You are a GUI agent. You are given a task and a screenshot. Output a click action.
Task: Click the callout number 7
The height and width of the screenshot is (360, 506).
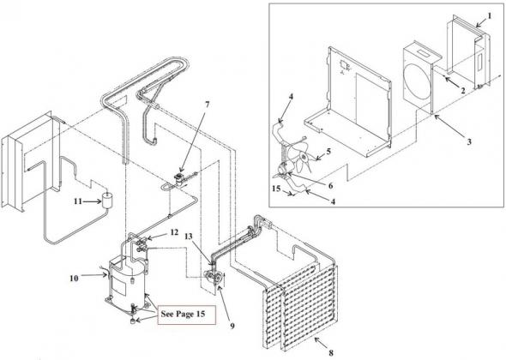point(207,105)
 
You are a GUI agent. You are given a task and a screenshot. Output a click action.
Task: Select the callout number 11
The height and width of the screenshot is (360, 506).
point(78,201)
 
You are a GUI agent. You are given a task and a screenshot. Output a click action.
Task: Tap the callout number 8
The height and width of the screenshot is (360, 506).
point(330,352)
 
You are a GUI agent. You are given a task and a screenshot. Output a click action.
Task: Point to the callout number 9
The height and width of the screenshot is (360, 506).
point(232,326)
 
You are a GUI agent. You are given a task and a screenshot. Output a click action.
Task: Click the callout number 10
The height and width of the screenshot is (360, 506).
point(74,278)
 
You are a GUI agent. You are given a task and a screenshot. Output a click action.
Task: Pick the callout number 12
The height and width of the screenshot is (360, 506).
point(174,232)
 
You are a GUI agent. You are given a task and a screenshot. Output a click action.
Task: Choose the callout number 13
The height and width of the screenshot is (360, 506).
point(189,237)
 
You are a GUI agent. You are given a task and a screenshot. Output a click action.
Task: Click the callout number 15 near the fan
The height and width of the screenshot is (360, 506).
point(276,189)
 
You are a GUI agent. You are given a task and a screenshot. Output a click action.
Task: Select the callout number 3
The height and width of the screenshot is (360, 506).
point(469,141)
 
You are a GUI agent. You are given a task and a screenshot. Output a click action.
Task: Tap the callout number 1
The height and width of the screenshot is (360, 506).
point(489,15)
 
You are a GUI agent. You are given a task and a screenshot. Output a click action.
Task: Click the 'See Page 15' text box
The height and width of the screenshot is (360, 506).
point(186,315)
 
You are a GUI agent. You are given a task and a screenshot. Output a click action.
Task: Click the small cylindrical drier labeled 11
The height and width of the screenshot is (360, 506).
point(106,200)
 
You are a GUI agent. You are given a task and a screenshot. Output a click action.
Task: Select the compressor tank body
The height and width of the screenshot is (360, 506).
point(128,279)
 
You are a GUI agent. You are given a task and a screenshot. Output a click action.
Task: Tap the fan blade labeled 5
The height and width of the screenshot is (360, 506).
point(300,158)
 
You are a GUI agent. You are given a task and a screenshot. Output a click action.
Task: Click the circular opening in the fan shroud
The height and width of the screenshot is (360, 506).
point(418,85)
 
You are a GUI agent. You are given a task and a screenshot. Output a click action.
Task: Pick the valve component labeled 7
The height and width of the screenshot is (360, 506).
point(178,178)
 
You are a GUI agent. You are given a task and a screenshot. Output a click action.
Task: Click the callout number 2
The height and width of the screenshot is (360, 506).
point(463,91)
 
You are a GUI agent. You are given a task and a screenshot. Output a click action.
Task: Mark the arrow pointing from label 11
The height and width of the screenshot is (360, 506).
point(92,201)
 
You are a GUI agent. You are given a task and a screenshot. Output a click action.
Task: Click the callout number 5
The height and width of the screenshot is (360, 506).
point(328,152)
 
